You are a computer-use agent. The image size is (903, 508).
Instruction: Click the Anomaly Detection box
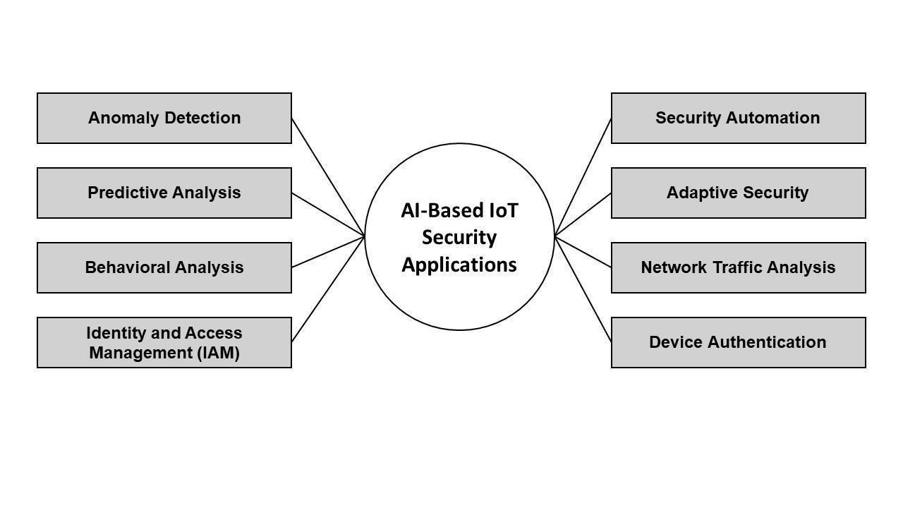click(x=164, y=118)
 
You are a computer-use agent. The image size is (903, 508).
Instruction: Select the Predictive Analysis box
click(x=164, y=193)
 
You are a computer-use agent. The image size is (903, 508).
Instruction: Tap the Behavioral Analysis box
click(x=164, y=267)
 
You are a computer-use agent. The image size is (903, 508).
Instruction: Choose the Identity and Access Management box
click(x=164, y=342)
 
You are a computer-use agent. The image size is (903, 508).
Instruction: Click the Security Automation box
click(x=738, y=118)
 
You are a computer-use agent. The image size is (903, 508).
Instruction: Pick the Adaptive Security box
click(x=738, y=193)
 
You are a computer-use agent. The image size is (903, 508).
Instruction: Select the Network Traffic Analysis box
click(x=738, y=267)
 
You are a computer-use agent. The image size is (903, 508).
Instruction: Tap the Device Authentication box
click(x=738, y=342)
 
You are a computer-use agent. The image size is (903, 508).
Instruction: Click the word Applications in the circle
click(x=459, y=265)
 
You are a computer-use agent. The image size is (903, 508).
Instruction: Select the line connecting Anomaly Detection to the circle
click(x=328, y=176)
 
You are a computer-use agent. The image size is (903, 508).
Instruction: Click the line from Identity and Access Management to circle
click(x=328, y=289)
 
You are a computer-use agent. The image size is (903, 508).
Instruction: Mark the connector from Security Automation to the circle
click(x=583, y=176)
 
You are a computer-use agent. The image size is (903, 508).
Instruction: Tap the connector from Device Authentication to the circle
click(x=583, y=289)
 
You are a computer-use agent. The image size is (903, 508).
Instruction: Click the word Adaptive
click(x=699, y=193)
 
